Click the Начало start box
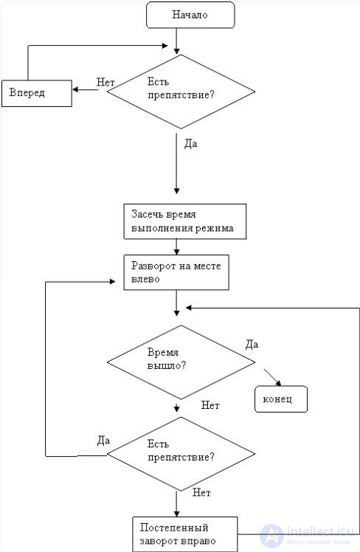click(x=190, y=15)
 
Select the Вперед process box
click(x=37, y=93)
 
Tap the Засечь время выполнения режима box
click(x=184, y=221)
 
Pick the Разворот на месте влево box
click(x=176, y=272)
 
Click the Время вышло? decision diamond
click(x=181, y=362)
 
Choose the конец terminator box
click(x=281, y=399)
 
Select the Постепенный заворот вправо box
click(x=185, y=534)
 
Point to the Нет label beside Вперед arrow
click(x=105, y=83)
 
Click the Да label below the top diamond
click(x=191, y=144)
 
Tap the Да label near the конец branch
click(x=252, y=345)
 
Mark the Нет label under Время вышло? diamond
click(x=210, y=405)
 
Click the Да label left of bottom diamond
click(x=103, y=441)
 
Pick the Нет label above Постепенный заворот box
click(x=201, y=492)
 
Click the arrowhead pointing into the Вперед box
click(x=75, y=89)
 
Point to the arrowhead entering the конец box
click(x=279, y=383)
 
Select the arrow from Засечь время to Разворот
click(x=176, y=247)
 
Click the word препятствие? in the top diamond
click(x=181, y=95)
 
